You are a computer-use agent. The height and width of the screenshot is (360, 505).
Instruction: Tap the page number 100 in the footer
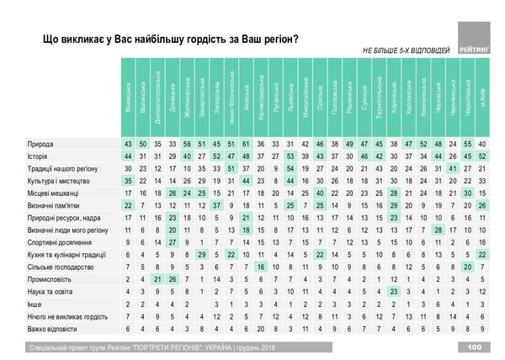(474, 347)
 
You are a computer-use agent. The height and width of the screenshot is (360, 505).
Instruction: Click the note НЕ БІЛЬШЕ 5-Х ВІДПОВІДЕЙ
(405, 50)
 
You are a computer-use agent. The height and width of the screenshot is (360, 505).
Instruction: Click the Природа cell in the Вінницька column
(128, 144)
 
